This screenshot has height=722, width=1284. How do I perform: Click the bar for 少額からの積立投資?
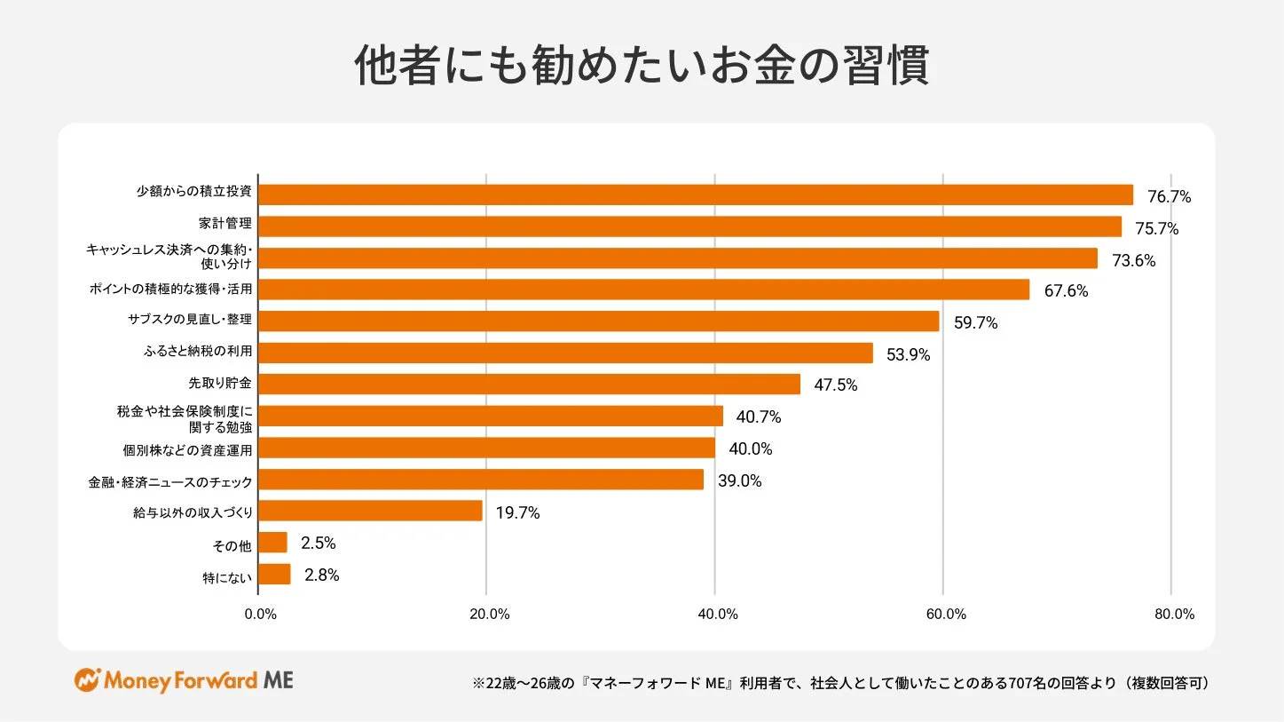pyautogui.click(x=696, y=194)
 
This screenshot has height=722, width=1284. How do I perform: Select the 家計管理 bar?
pyautogui.click(x=689, y=226)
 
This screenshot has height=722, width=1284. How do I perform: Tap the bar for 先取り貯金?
pyautogui.click(x=529, y=384)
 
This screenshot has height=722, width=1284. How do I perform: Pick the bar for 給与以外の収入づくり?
pyautogui.click(x=370, y=511)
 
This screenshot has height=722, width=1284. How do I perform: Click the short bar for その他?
pyautogui.click(x=272, y=543)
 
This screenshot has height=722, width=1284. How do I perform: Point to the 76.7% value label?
pyautogui.click(x=1169, y=197)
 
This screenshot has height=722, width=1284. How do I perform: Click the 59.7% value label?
pyautogui.click(x=975, y=323)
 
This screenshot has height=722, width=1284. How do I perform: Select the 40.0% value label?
pyautogui.click(x=750, y=449)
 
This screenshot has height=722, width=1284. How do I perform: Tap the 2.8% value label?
pyautogui.click(x=321, y=575)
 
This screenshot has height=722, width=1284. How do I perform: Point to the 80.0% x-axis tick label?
pyautogui.click(x=1174, y=615)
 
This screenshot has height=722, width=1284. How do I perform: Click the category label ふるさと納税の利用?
pyautogui.click(x=198, y=352)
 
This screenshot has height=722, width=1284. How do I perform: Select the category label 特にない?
pyautogui.click(x=227, y=578)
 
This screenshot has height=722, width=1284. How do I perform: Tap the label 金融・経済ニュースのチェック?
pyautogui.click(x=170, y=482)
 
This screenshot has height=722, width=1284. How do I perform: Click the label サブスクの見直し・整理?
pyautogui.click(x=191, y=318)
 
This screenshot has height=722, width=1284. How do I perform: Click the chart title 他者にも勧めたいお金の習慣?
pyautogui.click(x=642, y=66)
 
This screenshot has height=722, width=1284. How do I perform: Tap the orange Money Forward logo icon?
pyautogui.click(x=87, y=681)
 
